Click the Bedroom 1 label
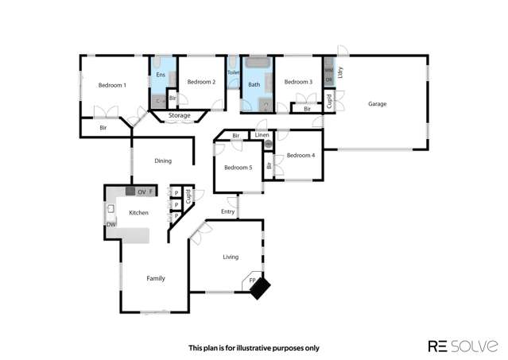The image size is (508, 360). click(112, 85)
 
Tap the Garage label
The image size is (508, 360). click(377, 103)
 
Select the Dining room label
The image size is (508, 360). click(163, 161)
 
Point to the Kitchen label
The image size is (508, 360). click(139, 212)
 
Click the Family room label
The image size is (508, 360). click(156, 278)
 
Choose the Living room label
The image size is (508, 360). click(231, 257)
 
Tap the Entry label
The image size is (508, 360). click(228, 211)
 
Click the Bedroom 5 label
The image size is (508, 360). click(238, 168)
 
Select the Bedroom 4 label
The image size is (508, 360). click(301, 155)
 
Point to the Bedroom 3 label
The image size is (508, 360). click(298, 82)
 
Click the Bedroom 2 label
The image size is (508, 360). click(201, 82)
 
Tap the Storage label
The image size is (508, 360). click(179, 116)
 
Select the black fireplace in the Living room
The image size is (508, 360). click(260, 288)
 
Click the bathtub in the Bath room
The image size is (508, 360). click(257, 63)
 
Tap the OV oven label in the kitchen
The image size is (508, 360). click(141, 192)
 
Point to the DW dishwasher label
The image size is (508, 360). click(111, 225)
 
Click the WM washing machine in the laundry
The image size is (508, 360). click(328, 71)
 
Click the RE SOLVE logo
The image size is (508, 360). click(463, 346)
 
